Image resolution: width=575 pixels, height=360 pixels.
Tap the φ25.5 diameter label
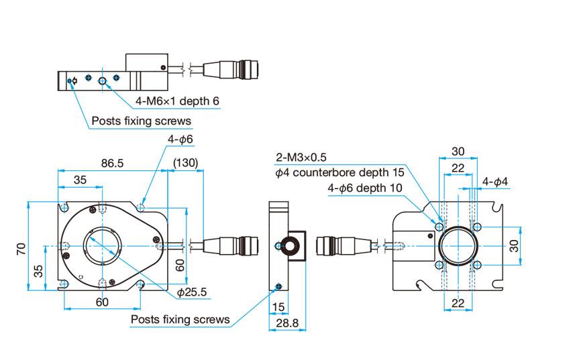[193, 292]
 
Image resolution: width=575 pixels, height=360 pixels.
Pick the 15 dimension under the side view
[278, 306]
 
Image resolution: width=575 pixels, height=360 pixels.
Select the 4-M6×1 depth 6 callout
[177, 101]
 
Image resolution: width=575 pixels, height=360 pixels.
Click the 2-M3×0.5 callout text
[311, 158]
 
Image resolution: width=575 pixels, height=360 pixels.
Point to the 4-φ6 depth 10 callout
[365, 188]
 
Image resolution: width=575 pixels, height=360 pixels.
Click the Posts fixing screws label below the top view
[142, 121]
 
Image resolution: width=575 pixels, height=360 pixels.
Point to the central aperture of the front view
[103, 246]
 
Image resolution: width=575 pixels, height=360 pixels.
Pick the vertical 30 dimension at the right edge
[515, 246]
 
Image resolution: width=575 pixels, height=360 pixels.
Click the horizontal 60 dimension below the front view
[101, 302]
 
